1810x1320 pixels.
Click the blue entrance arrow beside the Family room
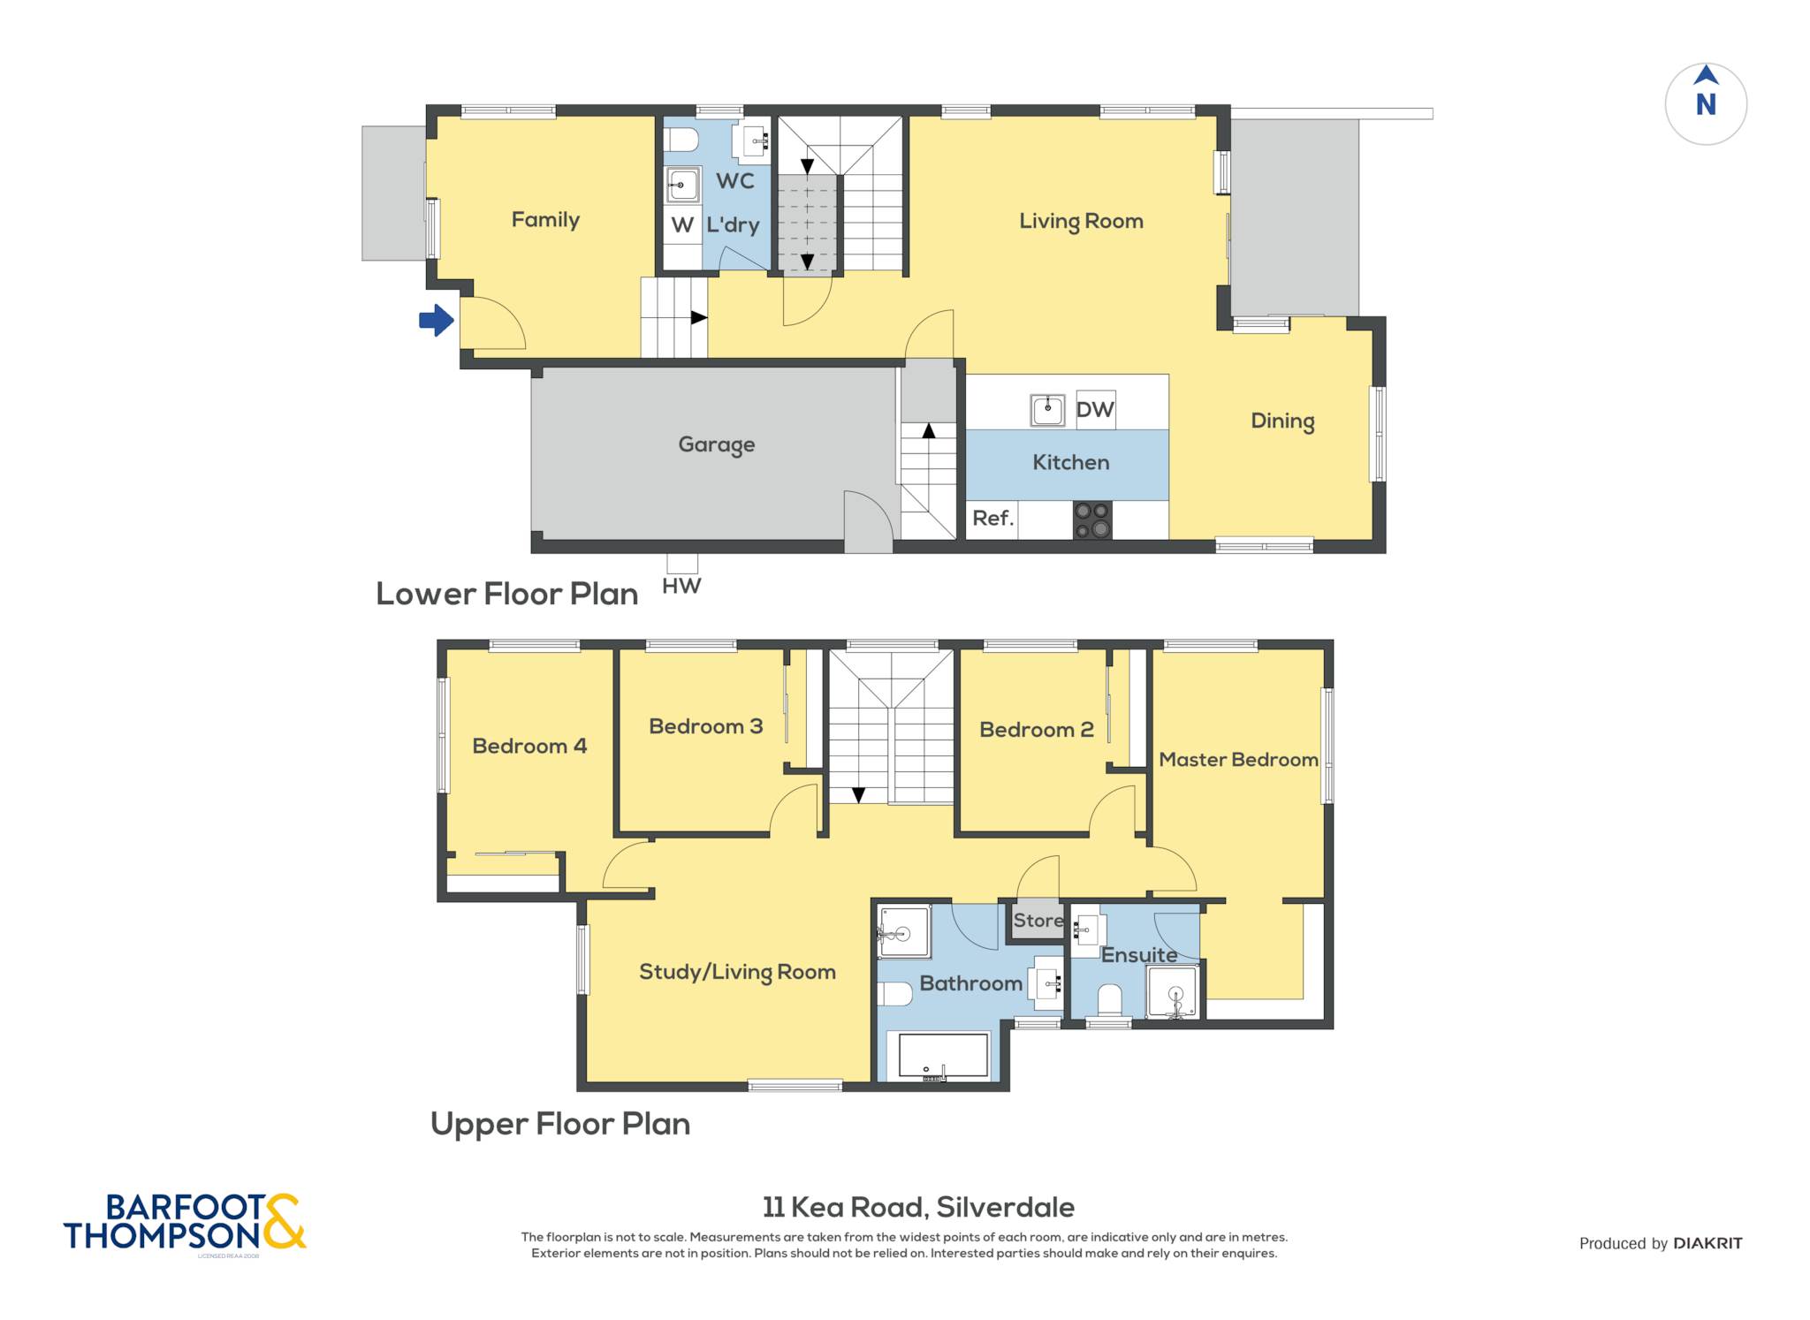[x=437, y=320]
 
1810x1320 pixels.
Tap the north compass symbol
[x=1706, y=103]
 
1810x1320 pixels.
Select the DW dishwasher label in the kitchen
[x=1095, y=409]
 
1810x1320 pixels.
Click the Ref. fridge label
[x=992, y=519]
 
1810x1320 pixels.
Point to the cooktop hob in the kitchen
[x=1092, y=520]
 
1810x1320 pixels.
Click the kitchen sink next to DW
[x=1048, y=410]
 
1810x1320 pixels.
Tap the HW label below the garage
[x=681, y=586]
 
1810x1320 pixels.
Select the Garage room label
[x=717, y=444]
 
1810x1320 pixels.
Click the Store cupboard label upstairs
[x=1038, y=921]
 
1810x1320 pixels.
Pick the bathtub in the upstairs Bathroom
[x=943, y=1056]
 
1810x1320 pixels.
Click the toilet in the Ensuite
[x=1109, y=1001]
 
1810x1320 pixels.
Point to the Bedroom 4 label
[x=529, y=747]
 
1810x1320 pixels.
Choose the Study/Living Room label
[x=737, y=973]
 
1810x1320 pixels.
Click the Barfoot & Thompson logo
[x=185, y=1223]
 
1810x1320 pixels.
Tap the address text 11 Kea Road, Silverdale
[x=918, y=1207]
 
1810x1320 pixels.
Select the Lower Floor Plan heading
[x=507, y=594]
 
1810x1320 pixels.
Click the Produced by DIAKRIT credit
[x=1661, y=1243]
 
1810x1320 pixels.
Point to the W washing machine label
[x=681, y=225]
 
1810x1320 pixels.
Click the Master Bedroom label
[x=1238, y=760]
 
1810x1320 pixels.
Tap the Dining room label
[x=1282, y=421]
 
